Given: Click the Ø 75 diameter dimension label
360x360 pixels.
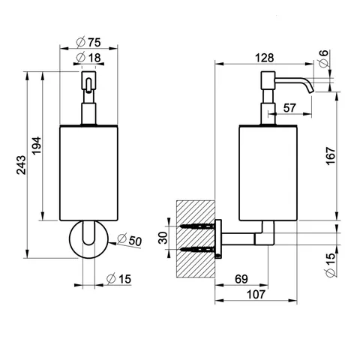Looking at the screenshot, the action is pos(88,42).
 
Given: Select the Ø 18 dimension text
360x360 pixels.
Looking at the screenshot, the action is pos(88,58).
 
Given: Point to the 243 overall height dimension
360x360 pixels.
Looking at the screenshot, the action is pos(21,165).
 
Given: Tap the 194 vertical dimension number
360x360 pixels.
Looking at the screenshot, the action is pos(37,145).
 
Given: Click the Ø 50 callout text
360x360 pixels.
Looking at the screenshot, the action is pos(129,240).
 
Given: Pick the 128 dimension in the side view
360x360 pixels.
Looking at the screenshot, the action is pos(265,58).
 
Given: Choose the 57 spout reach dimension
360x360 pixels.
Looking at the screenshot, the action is pos(289,108).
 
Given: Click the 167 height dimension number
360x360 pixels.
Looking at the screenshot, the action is pos(331,155).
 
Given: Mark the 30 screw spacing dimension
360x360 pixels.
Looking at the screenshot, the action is pos(163,238).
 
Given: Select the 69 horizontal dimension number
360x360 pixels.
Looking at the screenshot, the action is pos(241,279).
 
